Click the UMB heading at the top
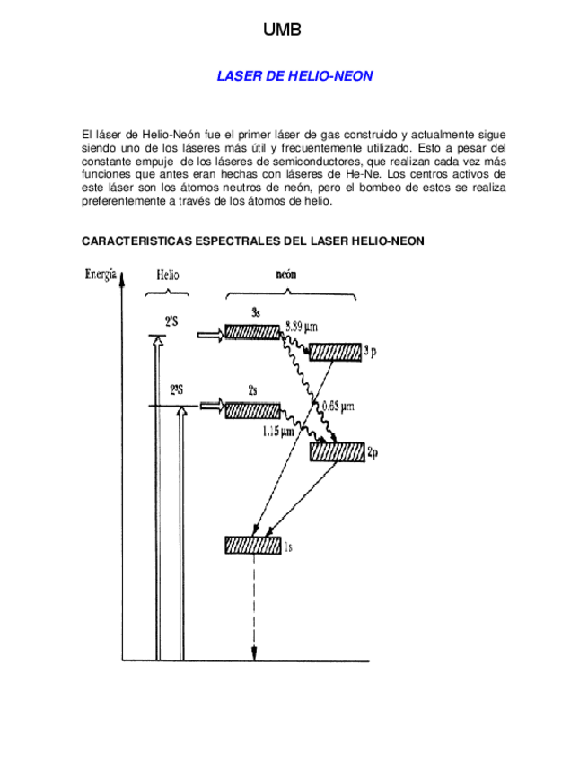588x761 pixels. (x=282, y=31)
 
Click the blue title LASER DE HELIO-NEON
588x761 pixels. (x=294, y=77)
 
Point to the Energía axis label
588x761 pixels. (x=100, y=275)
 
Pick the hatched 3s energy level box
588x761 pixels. (x=252, y=331)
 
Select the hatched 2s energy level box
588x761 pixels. (x=252, y=410)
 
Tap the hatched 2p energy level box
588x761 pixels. (x=337, y=451)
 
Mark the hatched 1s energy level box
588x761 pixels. (x=253, y=545)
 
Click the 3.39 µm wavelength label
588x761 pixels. (x=302, y=326)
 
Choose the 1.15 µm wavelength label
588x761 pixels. (x=278, y=432)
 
